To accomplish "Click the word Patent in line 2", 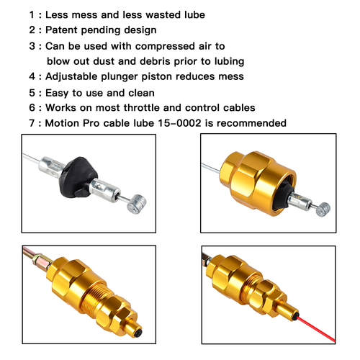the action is tap(61, 30).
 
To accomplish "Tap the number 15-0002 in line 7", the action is tap(179, 123).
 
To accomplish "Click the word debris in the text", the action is tap(155, 61).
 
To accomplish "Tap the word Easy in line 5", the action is tap(57, 93).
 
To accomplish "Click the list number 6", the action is tap(32, 107).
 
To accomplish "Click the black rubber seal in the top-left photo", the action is tap(78, 177).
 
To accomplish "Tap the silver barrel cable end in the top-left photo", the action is tap(136, 204).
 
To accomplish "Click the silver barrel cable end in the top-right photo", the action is tap(323, 210).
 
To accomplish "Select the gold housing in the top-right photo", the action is tap(258, 182).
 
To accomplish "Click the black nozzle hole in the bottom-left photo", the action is tap(138, 333).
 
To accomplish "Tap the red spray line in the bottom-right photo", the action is tap(316, 329).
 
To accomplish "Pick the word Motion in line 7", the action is tap(62, 123).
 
